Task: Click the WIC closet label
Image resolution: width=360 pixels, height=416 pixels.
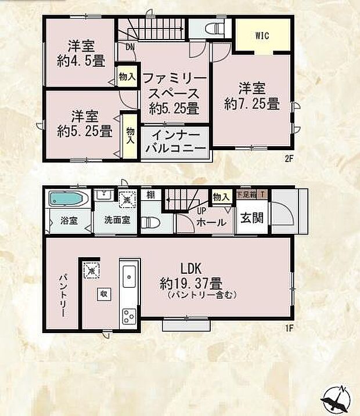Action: click(x=262, y=35)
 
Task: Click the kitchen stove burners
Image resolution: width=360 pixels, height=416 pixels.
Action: click(x=129, y=316)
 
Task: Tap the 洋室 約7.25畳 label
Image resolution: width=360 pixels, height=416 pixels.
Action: click(x=253, y=96)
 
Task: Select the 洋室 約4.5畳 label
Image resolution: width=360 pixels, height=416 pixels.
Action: click(x=80, y=52)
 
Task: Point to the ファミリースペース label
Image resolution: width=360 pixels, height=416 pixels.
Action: click(x=174, y=93)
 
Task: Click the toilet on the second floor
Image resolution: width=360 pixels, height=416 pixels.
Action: click(x=213, y=28)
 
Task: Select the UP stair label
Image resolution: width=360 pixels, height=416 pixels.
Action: click(x=201, y=212)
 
